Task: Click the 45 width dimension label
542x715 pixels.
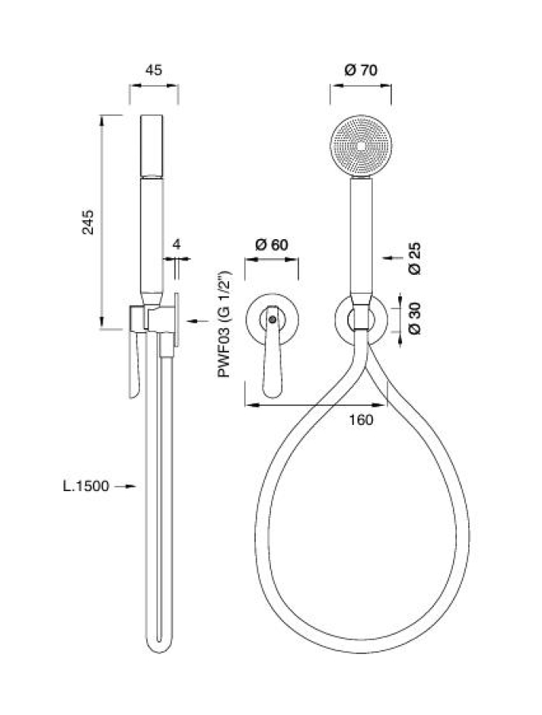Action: [x=153, y=70]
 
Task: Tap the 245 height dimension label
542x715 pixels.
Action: [x=87, y=222]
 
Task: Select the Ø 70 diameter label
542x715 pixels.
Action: [x=361, y=70]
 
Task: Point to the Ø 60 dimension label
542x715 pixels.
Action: [x=272, y=245]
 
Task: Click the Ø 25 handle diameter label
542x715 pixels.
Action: [x=415, y=258]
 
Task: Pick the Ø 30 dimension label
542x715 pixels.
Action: [x=415, y=319]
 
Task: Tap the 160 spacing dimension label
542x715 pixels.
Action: [x=362, y=419]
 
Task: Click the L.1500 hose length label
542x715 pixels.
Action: [x=86, y=486]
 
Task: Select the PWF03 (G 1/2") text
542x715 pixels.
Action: [x=224, y=324]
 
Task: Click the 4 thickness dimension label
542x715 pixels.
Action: [x=176, y=245]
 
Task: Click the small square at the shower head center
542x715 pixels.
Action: [x=361, y=146]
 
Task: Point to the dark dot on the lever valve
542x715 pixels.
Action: [x=272, y=319]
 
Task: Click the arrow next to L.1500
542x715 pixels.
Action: [x=125, y=486]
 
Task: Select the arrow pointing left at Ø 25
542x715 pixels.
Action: [x=393, y=258]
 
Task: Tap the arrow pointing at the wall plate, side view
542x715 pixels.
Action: [x=198, y=322]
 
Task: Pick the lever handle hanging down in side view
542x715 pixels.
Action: [x=134, y=365]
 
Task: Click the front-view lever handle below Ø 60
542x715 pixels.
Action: [x=272, y=351]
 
